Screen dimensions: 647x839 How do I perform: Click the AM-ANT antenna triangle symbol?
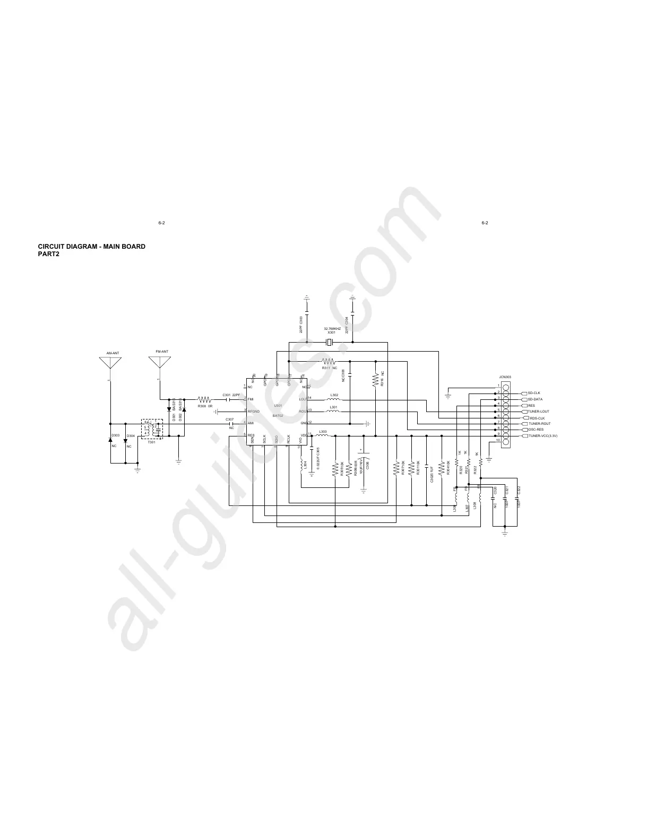click(x=110, y=363)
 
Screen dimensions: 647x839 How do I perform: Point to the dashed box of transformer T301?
click(x=152, y=429)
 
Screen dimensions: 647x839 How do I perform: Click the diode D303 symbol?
click(x=110, y=440)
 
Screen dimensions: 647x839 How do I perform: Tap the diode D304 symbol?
click(x=126, y=440)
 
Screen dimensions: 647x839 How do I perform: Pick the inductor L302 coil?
click(x=334, y=399)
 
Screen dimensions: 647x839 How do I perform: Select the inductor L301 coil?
click(x=334, y=412)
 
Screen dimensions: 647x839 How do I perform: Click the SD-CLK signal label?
click(x=534, y=393)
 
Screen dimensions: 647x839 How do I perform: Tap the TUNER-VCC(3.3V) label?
click(x=542, y=436)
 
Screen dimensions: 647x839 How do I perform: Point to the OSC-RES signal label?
click(x=536, y=430)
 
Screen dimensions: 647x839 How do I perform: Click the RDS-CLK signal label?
click(x=537, y=418)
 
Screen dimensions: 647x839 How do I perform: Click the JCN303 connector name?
click(x=505, y=377)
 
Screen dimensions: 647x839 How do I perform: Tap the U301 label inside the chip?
click(x=278, y=406)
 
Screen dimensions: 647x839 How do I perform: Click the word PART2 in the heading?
click(x=48, y=255)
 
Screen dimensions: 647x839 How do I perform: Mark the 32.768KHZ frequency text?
click(x=332, y=329)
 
